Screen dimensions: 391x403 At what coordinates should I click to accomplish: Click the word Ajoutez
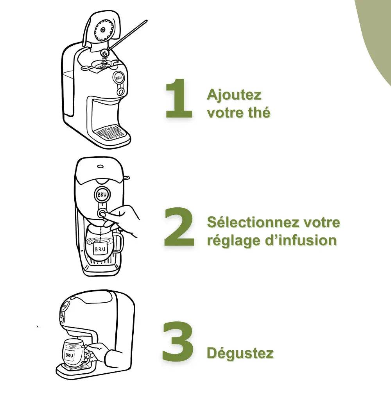tap(234, 95)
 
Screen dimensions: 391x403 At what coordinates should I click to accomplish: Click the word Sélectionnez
tap(253, 222)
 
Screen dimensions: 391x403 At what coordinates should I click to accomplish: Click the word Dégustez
tap(240, 353)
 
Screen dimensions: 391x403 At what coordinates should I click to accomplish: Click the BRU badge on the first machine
tap(118, 77)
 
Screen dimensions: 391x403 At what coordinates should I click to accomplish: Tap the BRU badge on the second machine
tap(102, 195)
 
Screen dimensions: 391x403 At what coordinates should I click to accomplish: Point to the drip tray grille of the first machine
tap(110, 132)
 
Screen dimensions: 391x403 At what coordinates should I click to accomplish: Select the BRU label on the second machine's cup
tap(100, 249)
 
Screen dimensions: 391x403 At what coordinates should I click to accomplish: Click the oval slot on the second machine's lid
tap(100, 166)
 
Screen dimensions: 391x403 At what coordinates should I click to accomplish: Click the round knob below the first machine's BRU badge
tap(120, 91)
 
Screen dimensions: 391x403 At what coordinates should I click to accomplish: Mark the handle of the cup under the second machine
tap(118, 243)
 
